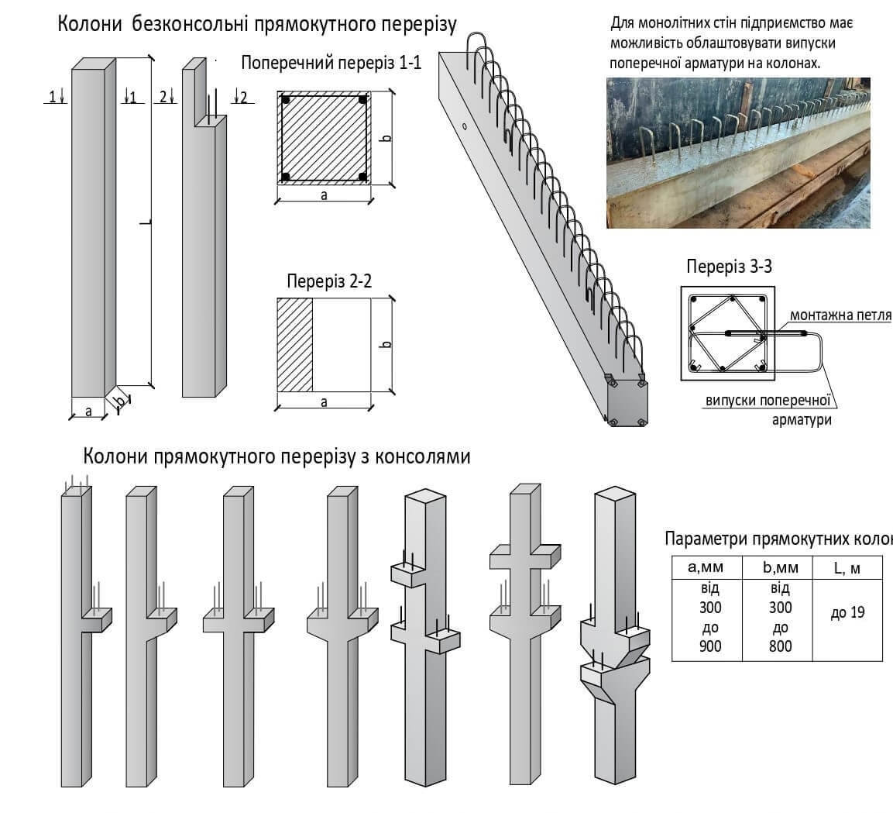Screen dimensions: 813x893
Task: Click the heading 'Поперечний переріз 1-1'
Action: (331, 64)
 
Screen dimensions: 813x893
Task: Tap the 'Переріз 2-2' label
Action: (328, 281)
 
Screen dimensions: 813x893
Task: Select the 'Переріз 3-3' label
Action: (729, 267)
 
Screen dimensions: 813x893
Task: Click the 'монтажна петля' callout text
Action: (840, 316)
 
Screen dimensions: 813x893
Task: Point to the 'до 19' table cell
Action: (847, 613)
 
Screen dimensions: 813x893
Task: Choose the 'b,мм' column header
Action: (777, 567)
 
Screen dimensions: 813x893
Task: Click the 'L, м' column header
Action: (847, 567)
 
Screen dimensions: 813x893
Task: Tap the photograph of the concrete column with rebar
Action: (737, 152)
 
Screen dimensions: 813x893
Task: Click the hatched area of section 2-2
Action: (294, 344)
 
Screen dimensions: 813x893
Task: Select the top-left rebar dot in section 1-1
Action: (286, 101)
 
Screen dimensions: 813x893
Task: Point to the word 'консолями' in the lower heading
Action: (422, 456)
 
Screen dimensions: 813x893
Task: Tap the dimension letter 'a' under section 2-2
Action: (324, 402)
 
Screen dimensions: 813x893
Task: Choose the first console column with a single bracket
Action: (77, 636)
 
